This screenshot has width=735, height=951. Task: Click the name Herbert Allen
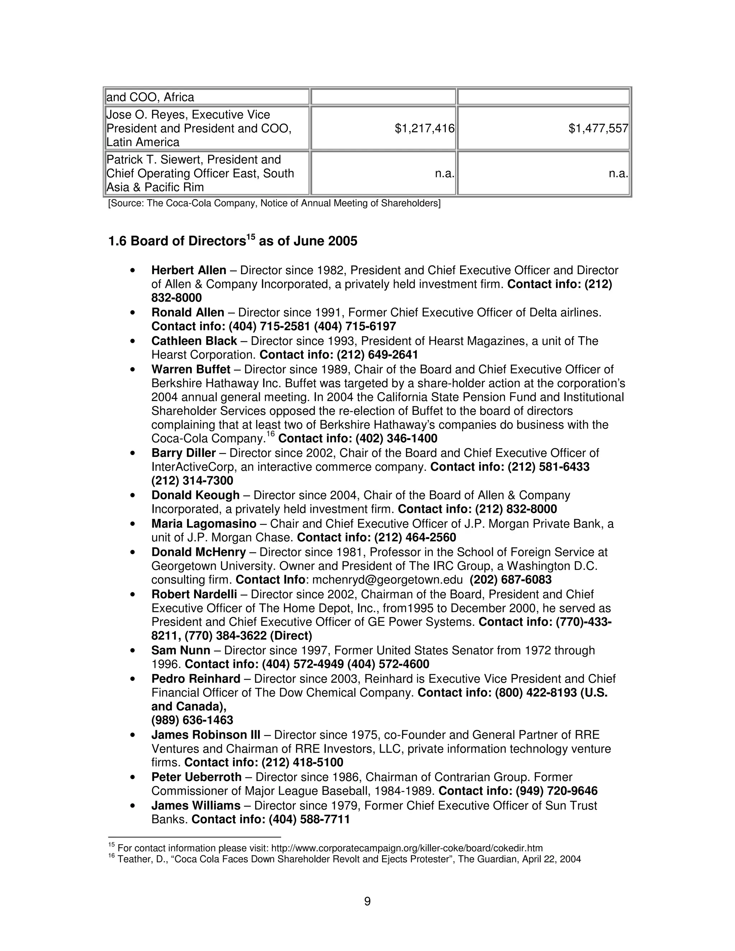188,271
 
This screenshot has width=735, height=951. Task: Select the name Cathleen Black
194,341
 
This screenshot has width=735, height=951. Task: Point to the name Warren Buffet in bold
191,369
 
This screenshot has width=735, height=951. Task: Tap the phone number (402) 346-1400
396,438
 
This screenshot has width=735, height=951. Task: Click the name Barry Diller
183,453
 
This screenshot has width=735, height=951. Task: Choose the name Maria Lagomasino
204,523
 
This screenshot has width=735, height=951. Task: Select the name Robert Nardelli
194,594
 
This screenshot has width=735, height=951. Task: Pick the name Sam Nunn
181,651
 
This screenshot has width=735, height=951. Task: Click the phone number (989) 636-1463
192,720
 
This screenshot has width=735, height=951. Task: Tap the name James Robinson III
206,735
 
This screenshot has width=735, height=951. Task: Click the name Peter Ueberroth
196,777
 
